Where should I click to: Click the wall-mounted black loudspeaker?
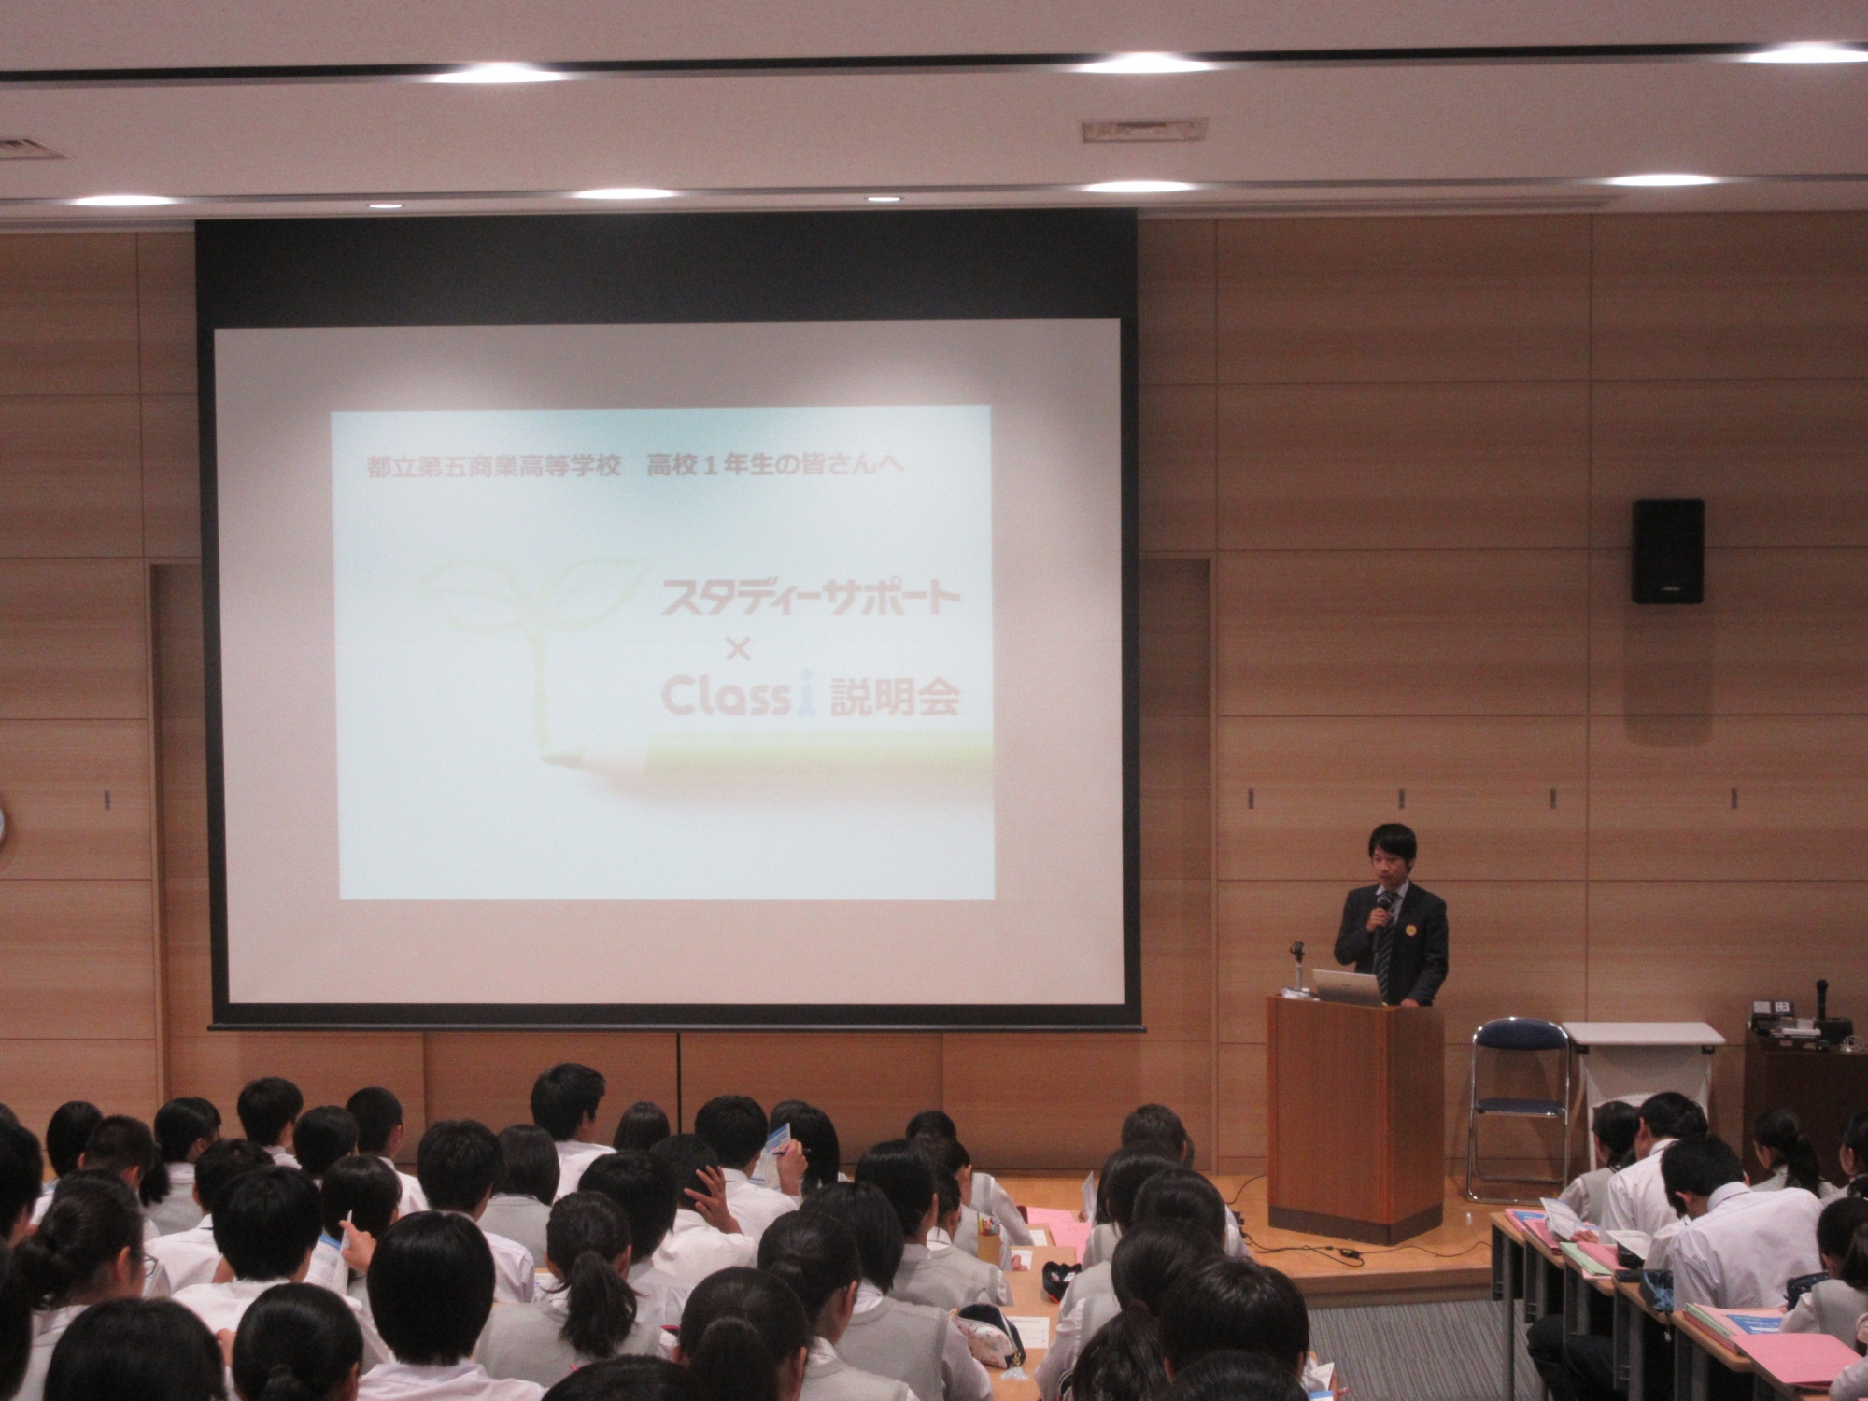coord(1668,550)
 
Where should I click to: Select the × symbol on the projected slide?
coord(737,650)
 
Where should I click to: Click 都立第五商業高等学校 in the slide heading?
coord(494,468)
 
